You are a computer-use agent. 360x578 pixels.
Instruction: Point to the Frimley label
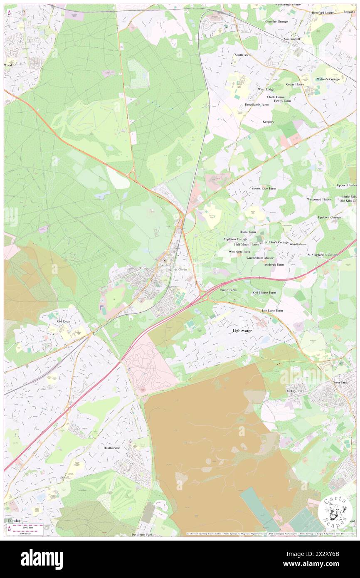click(x=14, y=521)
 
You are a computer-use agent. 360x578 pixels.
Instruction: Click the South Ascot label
click(x=243, y=55)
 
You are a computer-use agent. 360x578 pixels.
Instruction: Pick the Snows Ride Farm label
click(x=264, y=188)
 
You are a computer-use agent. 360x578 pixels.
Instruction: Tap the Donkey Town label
click(x=295, y=391)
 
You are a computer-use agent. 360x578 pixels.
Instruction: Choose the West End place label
click(x=340, y=382)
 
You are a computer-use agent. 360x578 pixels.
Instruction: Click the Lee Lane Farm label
click(x=272, y=311)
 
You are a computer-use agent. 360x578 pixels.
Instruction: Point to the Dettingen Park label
click(x=143, y=534)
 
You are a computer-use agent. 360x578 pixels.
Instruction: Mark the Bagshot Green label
click(x=177, y=269)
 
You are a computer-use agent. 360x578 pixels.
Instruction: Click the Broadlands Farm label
click(x=256, y=104)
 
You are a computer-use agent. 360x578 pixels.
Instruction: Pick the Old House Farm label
click(x=264, y=292)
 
